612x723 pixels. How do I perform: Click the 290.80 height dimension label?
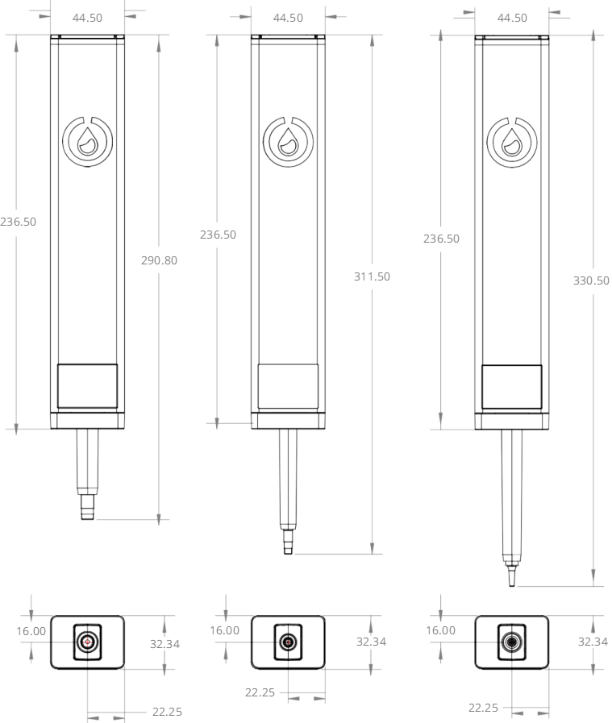click(x=159, y=260)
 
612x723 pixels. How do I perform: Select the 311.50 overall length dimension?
click(x=372, y=276)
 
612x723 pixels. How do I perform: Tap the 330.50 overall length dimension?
click(x=591, y=280)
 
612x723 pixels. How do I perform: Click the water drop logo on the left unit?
click(x=88, y=142)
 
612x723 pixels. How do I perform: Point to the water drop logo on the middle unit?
click(x=288, y=142)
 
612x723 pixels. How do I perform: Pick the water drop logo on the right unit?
click(x=512, y=143)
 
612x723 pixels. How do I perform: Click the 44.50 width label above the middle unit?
click(x=288, y=18)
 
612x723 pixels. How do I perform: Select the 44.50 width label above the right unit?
click(x=512, y=18)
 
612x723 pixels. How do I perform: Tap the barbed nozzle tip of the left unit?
click(x=88, y=507)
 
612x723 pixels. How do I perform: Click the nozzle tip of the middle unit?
click(x=288, y=542)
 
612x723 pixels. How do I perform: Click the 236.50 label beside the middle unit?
click(x=219, y=235)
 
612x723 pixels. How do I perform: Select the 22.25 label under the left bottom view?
click(x=167, y=712)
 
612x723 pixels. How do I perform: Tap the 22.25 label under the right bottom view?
click(x=483, y=708)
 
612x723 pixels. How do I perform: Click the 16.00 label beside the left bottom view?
click(x=31, y=631)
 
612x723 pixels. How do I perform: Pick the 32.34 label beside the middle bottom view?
click(x=371, y=642)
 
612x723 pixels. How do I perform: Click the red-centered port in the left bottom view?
click(x=88, y=642)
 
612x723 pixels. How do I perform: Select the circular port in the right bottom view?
click(x=511, y=642)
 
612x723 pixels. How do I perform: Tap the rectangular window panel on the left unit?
click(x=88, y=386)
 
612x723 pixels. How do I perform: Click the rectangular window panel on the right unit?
click(x=512, y=387)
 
